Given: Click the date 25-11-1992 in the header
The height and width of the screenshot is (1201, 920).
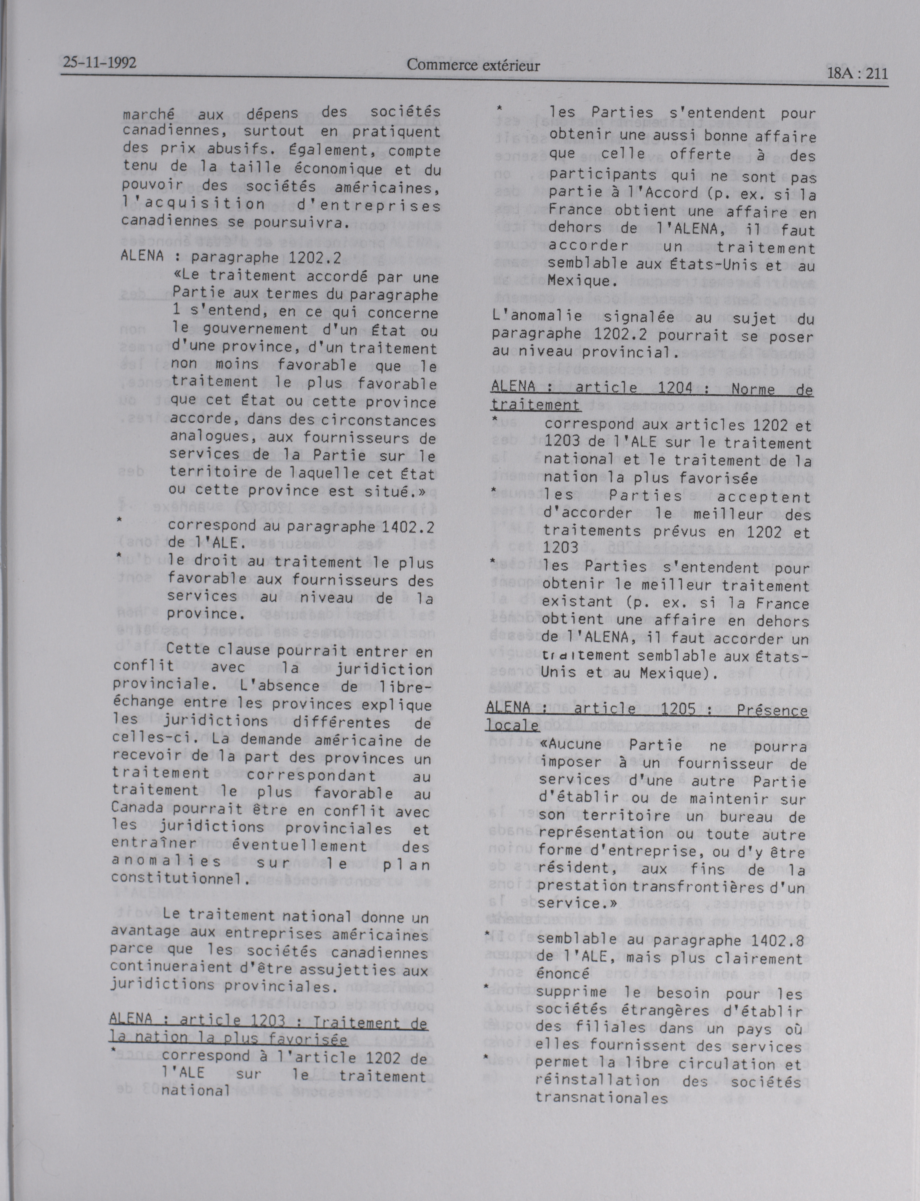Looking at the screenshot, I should (100, 63).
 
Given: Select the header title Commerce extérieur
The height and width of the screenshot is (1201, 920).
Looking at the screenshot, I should (473, 66).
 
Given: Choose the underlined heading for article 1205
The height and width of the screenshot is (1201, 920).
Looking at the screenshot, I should (646, 717).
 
